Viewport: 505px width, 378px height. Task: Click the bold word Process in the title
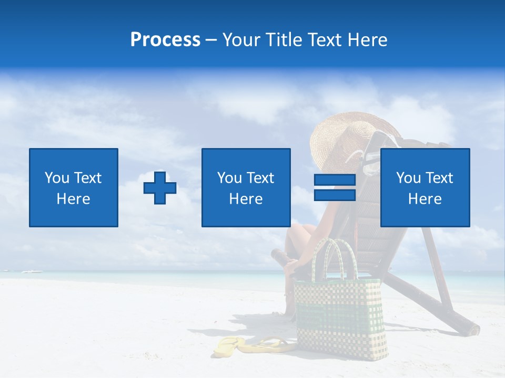(x=165, y=40)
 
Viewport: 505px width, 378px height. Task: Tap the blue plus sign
(x=160, y=188)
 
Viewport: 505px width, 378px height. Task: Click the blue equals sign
(x=335, y=187)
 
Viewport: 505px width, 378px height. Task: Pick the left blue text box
(x=74, y=187)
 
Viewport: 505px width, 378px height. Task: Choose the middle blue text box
(x=246, y=187)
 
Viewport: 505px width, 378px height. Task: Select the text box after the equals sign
(x=425, y=187)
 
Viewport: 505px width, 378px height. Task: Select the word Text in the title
(x=323, y=40)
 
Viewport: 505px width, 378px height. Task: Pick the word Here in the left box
(x=73, y=199)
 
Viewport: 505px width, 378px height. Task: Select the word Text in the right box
(x=439, y=178)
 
